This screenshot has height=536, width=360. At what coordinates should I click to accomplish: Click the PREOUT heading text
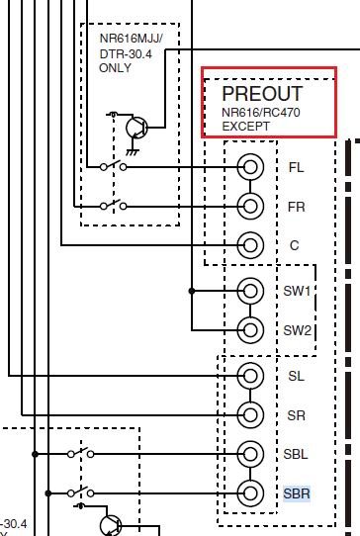click(x=262, y=94)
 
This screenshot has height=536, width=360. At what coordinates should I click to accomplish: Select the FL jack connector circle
click(x=251, y=167)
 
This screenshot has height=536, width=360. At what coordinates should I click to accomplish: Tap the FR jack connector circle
click(x=251, y=206)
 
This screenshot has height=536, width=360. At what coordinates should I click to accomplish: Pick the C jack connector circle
click(x=251, y=244)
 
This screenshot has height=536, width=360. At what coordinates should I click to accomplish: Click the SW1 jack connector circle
click(x=251, y=291)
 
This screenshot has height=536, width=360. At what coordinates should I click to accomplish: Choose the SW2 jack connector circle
click(x=251, y=329)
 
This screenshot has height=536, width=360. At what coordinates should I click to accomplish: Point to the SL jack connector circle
click(x=251, y=376)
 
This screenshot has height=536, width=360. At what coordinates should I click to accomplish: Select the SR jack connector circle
click(x=251, y=414)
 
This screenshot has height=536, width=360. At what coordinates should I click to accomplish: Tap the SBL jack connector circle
click(x=251, y=453)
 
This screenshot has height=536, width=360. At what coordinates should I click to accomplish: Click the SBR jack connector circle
click(x=251, y=491)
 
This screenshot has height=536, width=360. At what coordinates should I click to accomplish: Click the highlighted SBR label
click(x=297, y=492)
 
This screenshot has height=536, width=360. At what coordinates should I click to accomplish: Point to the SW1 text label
click(x=298, y=292)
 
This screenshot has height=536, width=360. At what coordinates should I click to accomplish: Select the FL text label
click(x=296, y=168)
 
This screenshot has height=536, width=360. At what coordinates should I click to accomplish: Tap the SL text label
click(x=296, y=377)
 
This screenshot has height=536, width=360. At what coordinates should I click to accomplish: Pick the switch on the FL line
click(x=113, y=166)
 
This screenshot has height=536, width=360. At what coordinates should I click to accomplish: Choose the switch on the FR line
click(x=113, y=205)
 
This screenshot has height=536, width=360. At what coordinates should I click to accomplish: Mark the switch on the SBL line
click(x=81, y=453)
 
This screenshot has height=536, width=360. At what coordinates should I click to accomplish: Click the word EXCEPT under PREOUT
click(x=245, y=127)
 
